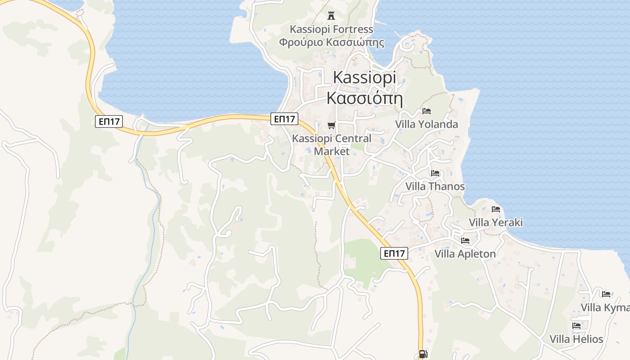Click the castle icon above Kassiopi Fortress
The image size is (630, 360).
(332, 16)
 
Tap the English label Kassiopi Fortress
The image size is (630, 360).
(332, 29)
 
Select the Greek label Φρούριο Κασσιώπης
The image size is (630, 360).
(332, 43)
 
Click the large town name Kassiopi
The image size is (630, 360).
(364, 77)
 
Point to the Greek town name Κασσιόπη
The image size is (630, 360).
(364, 98)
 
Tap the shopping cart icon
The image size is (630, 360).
(332, 125)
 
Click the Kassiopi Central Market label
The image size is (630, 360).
(332, 144)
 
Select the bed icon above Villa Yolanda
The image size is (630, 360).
(427, 111)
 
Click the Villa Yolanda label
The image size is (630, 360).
(427, 124)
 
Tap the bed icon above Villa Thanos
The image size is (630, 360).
(435, 173)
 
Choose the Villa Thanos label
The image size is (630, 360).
(435, 186)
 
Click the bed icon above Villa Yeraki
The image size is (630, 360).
(496, 209)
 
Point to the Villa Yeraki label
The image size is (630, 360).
(496, 222)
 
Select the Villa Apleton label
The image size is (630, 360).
(465, 254)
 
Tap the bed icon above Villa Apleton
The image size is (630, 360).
(465, 240)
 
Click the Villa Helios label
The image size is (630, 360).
(576, 339)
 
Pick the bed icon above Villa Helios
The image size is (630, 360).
(576, 325)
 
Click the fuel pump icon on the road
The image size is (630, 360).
(423, 354)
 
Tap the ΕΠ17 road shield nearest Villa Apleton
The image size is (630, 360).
(394, 253)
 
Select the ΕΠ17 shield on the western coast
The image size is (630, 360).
(109, 121)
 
